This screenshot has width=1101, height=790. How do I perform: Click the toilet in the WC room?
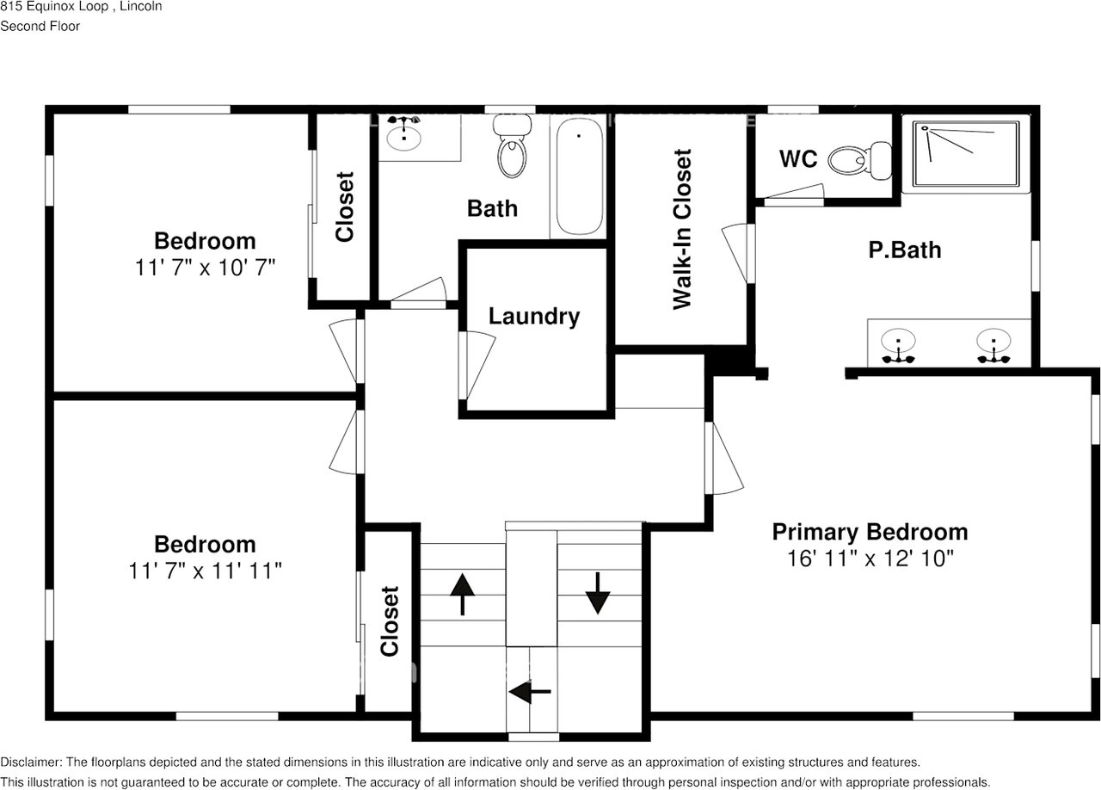860,160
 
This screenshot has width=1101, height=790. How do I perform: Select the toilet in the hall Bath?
512,145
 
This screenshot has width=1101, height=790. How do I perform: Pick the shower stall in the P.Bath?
966,154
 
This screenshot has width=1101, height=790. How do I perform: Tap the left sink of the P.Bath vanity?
898,346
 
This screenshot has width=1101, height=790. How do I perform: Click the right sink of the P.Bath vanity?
993,346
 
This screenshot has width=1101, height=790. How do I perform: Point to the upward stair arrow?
463,595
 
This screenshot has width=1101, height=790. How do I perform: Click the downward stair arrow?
598,593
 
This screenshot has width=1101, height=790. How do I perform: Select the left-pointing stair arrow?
530,692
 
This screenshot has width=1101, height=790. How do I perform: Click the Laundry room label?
534,317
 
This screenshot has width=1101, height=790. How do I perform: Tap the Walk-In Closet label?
682,229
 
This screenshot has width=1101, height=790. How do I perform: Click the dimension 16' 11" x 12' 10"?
870,559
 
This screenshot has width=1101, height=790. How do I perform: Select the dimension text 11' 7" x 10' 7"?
205,268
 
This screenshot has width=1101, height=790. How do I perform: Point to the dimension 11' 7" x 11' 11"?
205,571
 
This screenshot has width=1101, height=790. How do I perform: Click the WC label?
798,159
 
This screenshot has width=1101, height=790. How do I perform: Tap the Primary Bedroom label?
870,532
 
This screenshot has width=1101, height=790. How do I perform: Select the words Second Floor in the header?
40,26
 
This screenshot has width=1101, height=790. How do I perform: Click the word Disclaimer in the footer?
30,762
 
